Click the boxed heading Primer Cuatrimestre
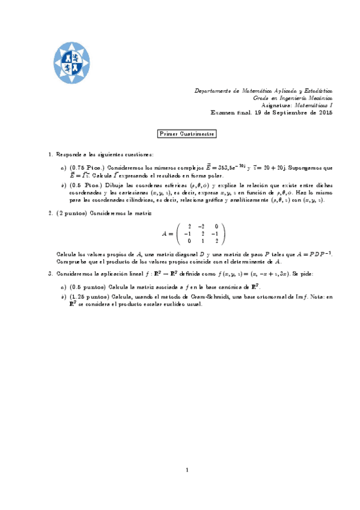tap(186, 134)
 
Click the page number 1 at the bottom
tap(188, 470)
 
